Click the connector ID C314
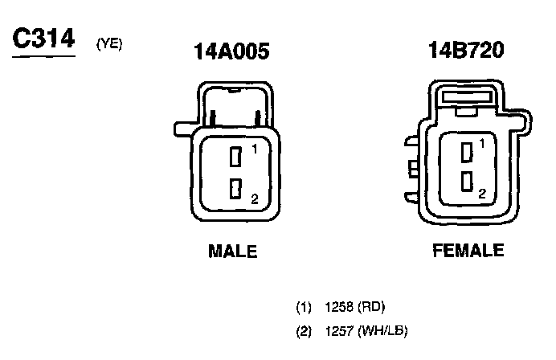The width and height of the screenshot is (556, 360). [x=43, y=38]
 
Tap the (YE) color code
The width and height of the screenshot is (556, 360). [x=109, y=44]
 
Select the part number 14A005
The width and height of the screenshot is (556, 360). [x=231, y=51]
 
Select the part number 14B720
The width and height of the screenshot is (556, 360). [x=466, y=50]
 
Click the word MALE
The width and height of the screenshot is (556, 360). [x=233, y=251]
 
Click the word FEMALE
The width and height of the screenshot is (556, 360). [x=468, y=250]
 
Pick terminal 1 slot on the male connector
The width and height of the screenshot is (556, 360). [x=235, y=157]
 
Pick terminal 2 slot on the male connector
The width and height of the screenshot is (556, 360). [x=235, y=188]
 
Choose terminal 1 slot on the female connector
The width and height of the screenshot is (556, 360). [x=467, y=152]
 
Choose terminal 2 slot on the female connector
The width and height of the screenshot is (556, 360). [x=467, y=182]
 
